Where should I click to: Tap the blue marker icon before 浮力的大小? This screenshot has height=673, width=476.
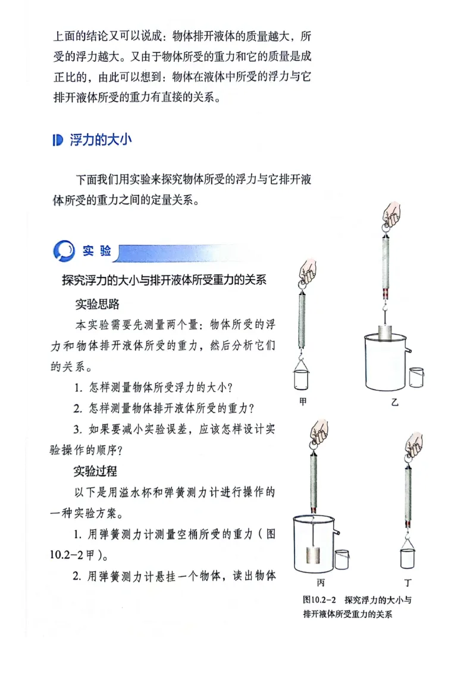pos(57,140)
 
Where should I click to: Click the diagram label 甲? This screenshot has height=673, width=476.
pos(303,402)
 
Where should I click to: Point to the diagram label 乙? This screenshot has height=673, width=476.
pos(394,402)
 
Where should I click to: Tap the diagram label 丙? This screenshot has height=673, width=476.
pos(321,582)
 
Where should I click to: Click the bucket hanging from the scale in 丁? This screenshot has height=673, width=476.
pos(408,558)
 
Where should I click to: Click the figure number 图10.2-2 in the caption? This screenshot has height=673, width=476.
pos(321,600)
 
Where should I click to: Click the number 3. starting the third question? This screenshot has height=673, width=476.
pos(77,429)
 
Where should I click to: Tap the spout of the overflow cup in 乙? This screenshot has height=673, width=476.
pos(409,351)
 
